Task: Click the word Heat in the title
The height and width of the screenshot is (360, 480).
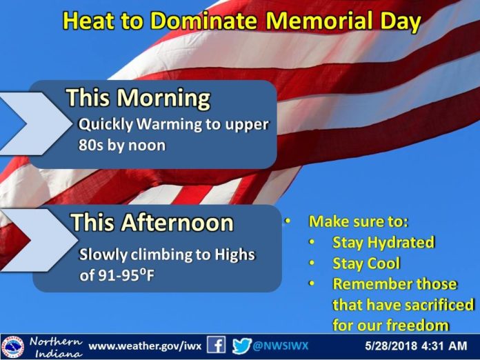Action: coord(89,21)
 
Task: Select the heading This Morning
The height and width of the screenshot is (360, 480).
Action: coord(139,98)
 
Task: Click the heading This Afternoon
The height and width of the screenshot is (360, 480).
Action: coord(152,222)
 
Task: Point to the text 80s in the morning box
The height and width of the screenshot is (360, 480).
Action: coord(90,145)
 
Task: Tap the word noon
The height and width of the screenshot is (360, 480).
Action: coord(147,146)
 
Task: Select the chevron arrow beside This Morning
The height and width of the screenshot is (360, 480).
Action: coord(35,123)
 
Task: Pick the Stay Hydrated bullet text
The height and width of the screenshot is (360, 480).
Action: coord(383,243)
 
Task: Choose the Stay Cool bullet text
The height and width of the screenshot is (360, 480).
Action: coord(366,263)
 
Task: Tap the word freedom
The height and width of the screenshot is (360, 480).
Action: coord(417,325)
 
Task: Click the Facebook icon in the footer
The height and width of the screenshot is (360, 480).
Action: coord(216,345)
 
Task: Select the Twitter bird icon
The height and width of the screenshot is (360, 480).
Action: coord(241,346)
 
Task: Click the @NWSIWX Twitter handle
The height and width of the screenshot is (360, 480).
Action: coord(281,346)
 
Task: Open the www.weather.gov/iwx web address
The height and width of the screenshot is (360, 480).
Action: coord(145,346)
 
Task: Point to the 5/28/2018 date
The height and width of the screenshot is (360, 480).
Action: coord(391,346)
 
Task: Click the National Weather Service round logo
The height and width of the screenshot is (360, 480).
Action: coord(12,348)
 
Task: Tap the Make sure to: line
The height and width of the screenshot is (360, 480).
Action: coord(359,221)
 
